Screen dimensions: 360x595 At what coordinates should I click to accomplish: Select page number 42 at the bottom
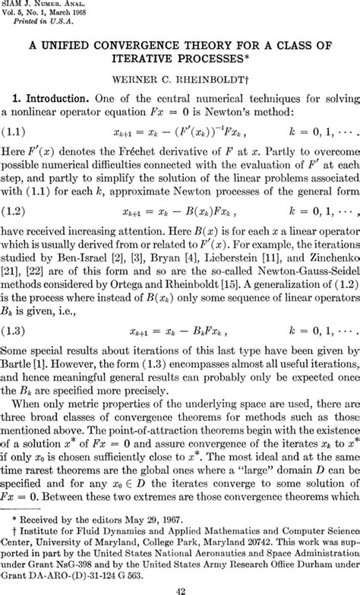pos(179,587)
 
